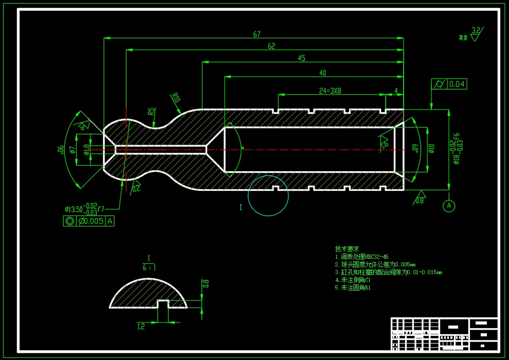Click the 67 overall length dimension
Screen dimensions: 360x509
(x=257, y=34)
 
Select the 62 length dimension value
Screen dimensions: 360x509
(x=271, y=46)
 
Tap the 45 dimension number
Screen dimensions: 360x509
(x=301, y=58)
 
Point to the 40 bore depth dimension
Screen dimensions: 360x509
(x=322, y=73)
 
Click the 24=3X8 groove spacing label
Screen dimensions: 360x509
(x=330, y=91)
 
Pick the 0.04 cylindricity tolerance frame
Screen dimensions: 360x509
(x=449, y=84)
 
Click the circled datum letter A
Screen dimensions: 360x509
(x=449, y=206)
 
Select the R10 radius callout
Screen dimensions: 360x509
(x=176, y=98)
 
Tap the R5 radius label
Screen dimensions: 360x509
(x=151, y=112)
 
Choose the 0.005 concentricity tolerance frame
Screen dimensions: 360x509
(x=88, y=221)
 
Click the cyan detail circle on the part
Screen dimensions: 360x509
(x=268, y=195)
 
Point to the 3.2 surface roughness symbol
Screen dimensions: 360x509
(x=475, y=33)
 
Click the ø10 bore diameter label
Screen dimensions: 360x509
(x=431, y=148)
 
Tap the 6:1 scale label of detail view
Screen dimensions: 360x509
(x=149, y=267)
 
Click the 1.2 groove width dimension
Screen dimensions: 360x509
(x=141, y=326)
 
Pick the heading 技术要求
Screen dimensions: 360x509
(x=347, y=249)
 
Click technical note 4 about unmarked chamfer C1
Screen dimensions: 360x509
(x=353, y=280)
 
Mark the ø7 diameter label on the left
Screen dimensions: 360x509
(x=73, y=150)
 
